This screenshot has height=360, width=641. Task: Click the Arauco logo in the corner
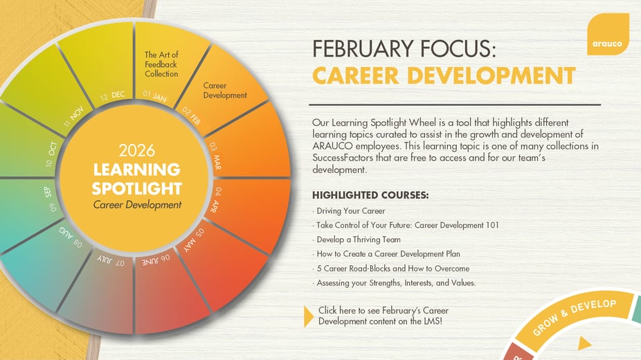[607, 35]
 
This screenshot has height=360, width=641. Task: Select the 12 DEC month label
[112, 95]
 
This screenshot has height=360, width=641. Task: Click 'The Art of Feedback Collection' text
[161, 64]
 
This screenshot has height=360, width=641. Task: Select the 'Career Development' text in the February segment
[225, 91]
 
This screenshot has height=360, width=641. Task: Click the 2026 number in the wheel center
[137, 150]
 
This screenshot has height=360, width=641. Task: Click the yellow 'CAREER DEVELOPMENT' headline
[444, 75]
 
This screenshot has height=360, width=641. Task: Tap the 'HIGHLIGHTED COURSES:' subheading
[370, 195]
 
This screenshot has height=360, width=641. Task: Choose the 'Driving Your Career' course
[350, 210]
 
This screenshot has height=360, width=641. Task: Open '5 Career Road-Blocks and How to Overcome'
[392, 268]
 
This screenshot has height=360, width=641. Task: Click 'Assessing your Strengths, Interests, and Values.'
[396, 282]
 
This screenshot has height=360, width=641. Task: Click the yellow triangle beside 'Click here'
[309, 316]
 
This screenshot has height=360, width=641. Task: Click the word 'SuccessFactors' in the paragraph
[345, 158]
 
